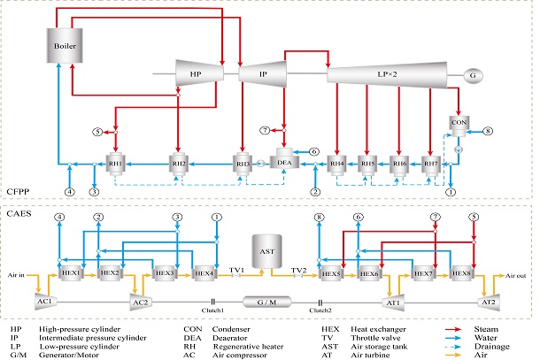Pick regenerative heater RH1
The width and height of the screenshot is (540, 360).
tap(116, 163)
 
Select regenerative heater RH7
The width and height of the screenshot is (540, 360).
tap(431, 163)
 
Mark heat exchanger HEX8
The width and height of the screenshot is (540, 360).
tap(462, 273)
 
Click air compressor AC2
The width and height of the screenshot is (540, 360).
tap(140, 303)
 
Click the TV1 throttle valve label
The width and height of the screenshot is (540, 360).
tap(236, 267)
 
